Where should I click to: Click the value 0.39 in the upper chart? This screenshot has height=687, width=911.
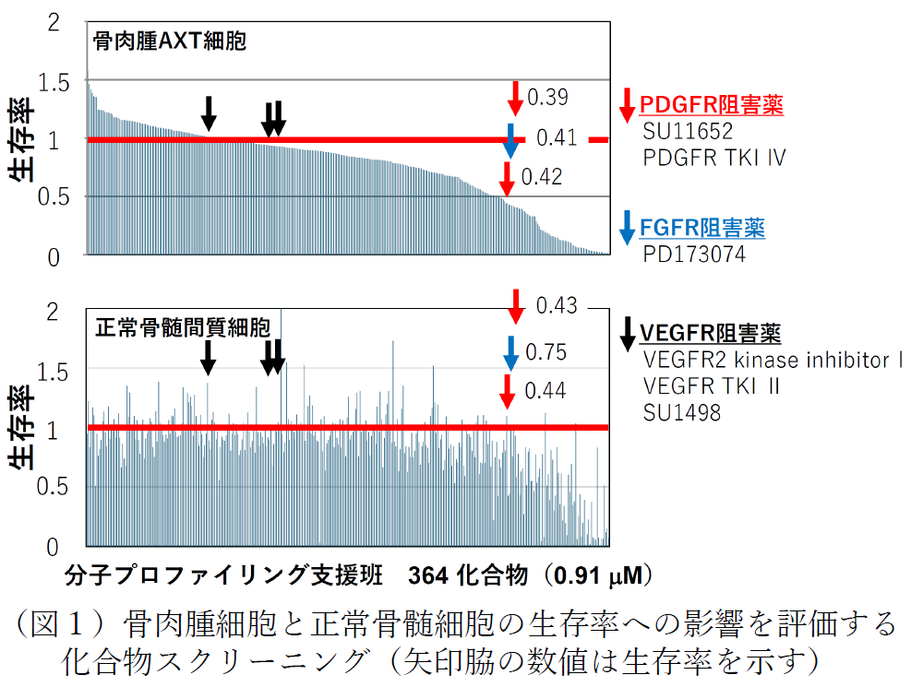pyautogui.click(x=547, y=98)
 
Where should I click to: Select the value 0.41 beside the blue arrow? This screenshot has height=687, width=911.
pyautogui.click(x=557, y=138)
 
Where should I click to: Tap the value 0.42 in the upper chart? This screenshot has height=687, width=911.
pyautogui.click(x=542, y=177)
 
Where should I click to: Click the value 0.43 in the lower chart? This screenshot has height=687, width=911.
pyautogui.click(x=556, y=305)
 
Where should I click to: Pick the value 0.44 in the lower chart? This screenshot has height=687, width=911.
pyautogui.click(x=545, y=391)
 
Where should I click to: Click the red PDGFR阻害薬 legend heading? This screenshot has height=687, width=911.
pyautogui.click(x=712, y=105)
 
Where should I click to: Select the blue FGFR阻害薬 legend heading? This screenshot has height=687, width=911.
pyautogui.click(x=702, y=228)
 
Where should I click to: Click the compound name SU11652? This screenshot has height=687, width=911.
pyautogui.click(x=688, y=131)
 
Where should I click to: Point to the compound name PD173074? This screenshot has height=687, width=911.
pyautogui.click(x=694, y=254)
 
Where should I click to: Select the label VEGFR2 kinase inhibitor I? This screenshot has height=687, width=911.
pyautogui.click(x=773, y=360)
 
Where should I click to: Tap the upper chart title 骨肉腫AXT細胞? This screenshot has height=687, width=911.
pyautogui.click(x=169, y=41)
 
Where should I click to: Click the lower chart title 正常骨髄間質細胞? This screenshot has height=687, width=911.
pyautogui.click(x=183, y=327)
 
